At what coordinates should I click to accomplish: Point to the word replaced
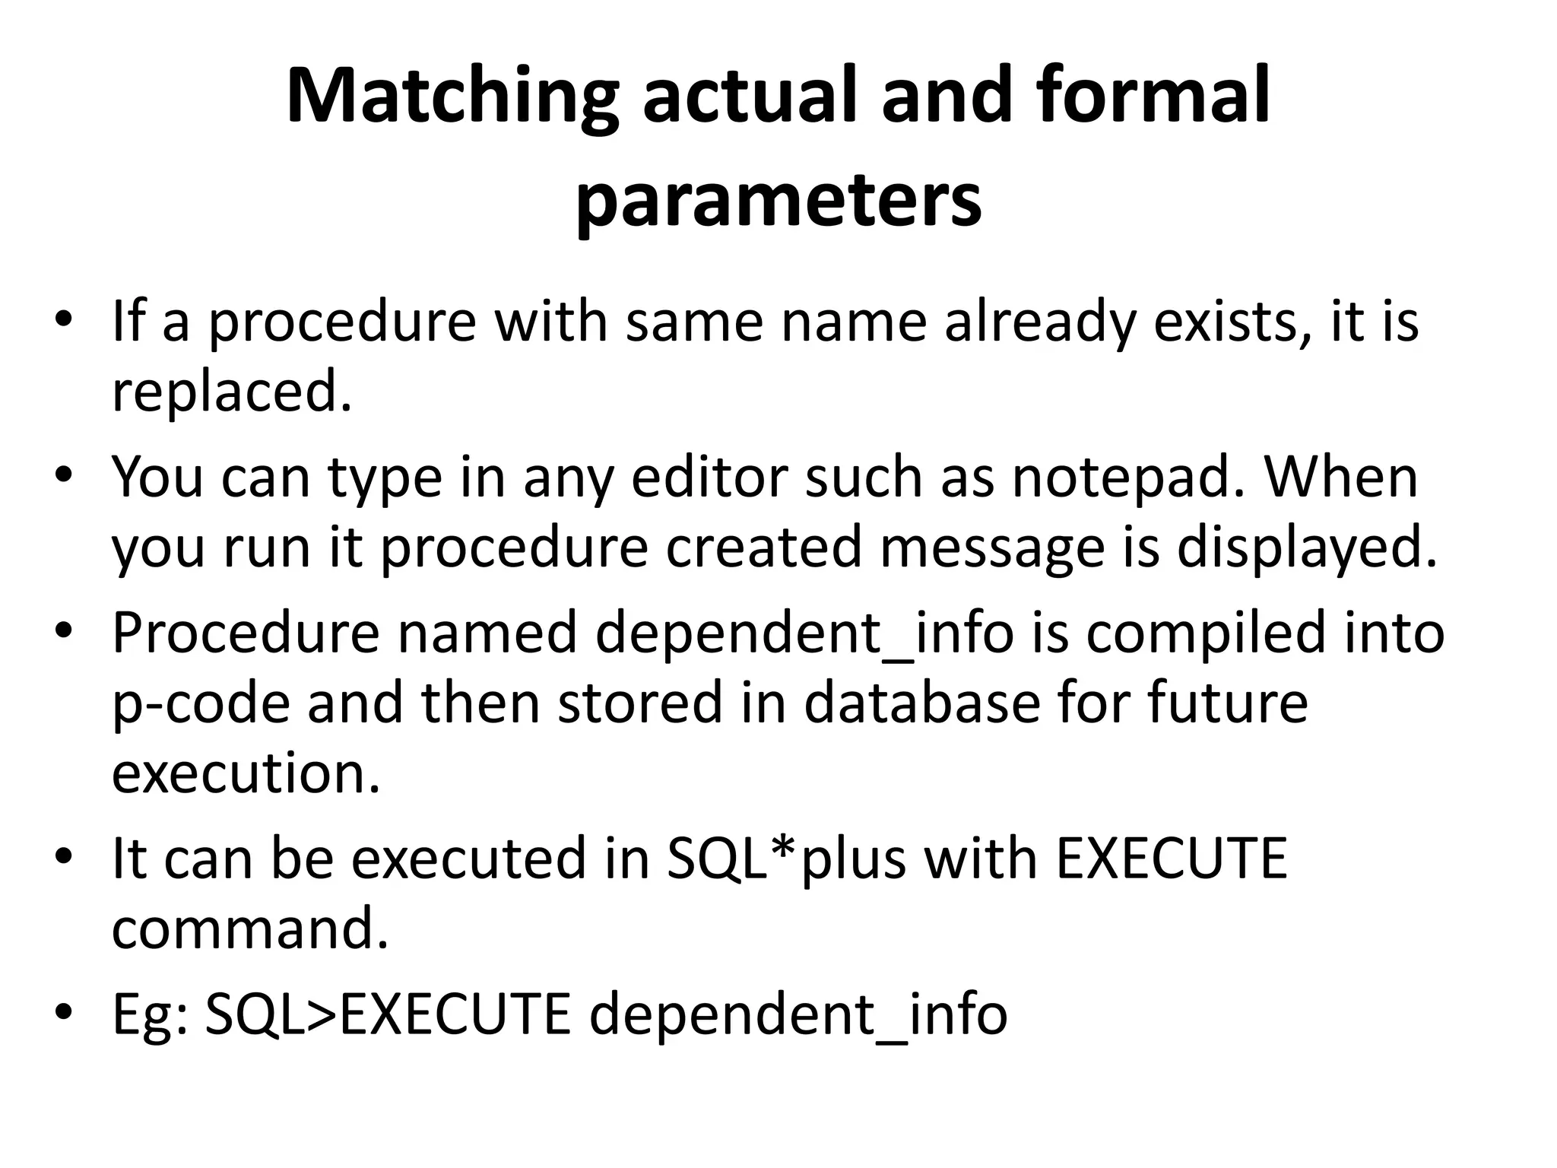(x=232, y=391)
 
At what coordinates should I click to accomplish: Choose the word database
(x=921, y=702)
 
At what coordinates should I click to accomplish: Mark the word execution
(x=246, y=773)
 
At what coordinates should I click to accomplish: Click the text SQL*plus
(x=786, y=859)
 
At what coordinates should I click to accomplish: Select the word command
(x=249, y=928)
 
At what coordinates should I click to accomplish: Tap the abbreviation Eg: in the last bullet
(x=150, y=1014)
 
